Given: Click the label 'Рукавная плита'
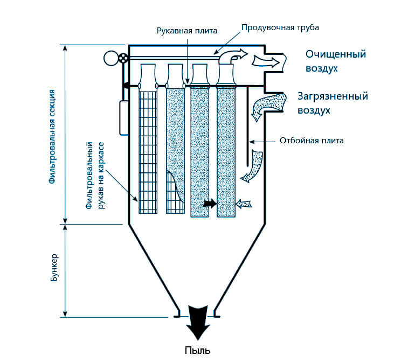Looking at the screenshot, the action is (x=187, y=31).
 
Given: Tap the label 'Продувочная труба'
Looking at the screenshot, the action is (x=280, y=27).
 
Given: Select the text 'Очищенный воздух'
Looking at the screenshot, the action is (x=336, y=61).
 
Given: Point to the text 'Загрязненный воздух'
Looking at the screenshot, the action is (x=333, y=103).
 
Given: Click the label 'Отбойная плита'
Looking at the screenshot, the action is (x=312, y=141).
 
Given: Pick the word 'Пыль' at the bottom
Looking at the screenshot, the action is (x=197, y=351).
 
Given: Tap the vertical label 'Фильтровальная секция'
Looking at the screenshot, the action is (x=52, y=136).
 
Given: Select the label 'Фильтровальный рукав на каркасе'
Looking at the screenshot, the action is (x=95, y=176).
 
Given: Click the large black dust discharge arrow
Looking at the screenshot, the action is (x=197, y=323).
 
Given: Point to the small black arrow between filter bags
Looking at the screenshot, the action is (x=210, y=204).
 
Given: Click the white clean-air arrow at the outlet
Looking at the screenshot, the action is (x=266, y=61).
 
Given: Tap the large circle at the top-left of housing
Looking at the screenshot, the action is (x=111, y=58).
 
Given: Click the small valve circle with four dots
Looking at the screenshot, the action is (x=123, y=58).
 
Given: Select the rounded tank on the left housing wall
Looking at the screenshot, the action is (x=124, y=118).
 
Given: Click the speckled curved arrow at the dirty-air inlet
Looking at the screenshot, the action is (x=267, y=104).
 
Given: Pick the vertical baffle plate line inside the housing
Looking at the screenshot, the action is (x=248, y=126).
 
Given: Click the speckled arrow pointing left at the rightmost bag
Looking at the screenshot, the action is (x=244, y=204).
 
